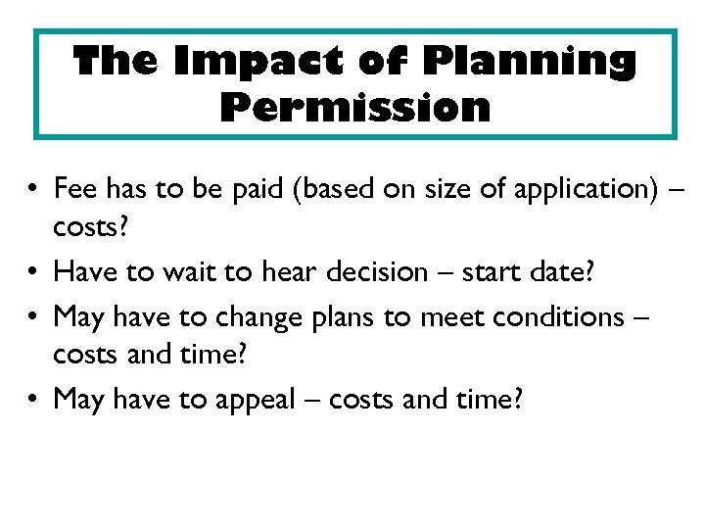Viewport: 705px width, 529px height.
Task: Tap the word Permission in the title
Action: [x=355, y=106]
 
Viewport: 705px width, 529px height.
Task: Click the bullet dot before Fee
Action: [x=33, y=188]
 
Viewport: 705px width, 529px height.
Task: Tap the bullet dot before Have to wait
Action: [x=33, y=272]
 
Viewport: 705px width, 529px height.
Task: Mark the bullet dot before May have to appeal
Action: [x=33, y=401]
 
